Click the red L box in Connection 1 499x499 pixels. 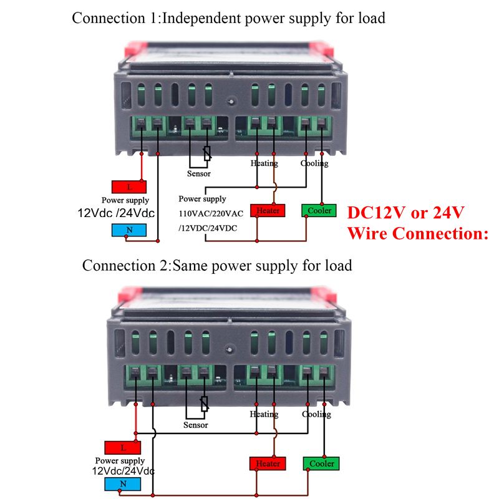tap(129, 187)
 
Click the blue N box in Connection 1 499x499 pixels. tap(129, 230)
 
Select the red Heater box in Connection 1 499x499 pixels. tap(268, 210)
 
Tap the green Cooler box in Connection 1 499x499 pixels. tap(319, 210)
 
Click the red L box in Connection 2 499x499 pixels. tap(122, 447)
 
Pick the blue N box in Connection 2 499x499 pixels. tap(122, 484)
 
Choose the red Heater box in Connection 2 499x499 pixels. tap(268, 463)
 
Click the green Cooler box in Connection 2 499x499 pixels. tap(322, 463)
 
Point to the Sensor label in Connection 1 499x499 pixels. tap(199, 174)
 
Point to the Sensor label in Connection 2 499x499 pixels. tap(196, 425)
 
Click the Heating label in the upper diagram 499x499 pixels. tap(264, 163)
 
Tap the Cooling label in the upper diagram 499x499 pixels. tap(314, 163)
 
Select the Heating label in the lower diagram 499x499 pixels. tap(264, 414)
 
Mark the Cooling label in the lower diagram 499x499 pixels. tap(316, 414)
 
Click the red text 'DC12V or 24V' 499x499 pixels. tap(405, 213)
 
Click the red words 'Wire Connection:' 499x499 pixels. tap(417, 233)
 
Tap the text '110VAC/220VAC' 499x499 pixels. tap(211, 213)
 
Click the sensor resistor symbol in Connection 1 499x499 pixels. tap(207, 153)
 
